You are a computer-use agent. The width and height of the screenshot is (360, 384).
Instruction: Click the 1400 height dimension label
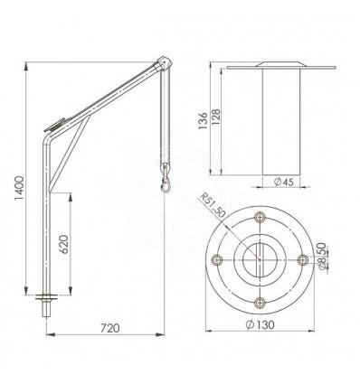pyautogui.click(x=19, y=188)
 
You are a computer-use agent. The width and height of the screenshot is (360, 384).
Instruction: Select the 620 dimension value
pyautogui.click(x=64, y=244)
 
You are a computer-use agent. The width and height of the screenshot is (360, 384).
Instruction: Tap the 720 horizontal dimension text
pyautogui.click(x=110, y=328)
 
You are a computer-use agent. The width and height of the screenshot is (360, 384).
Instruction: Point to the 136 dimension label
pyautogui.click(x=203, y=121)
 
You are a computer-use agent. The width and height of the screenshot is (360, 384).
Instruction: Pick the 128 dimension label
pyautogui.click(x=216, y=117)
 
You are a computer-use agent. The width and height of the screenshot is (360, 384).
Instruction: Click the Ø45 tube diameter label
pyautogui.click(x=283, y=182)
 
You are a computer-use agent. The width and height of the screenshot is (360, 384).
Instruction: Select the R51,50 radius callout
pyautogui.click(x=213, y=205)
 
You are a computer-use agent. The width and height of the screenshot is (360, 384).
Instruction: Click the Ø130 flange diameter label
pyautogui.click(x=260, y=324)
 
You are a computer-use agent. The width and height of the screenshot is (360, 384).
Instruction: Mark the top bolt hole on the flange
pyautogui.click(x=260, y=217)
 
